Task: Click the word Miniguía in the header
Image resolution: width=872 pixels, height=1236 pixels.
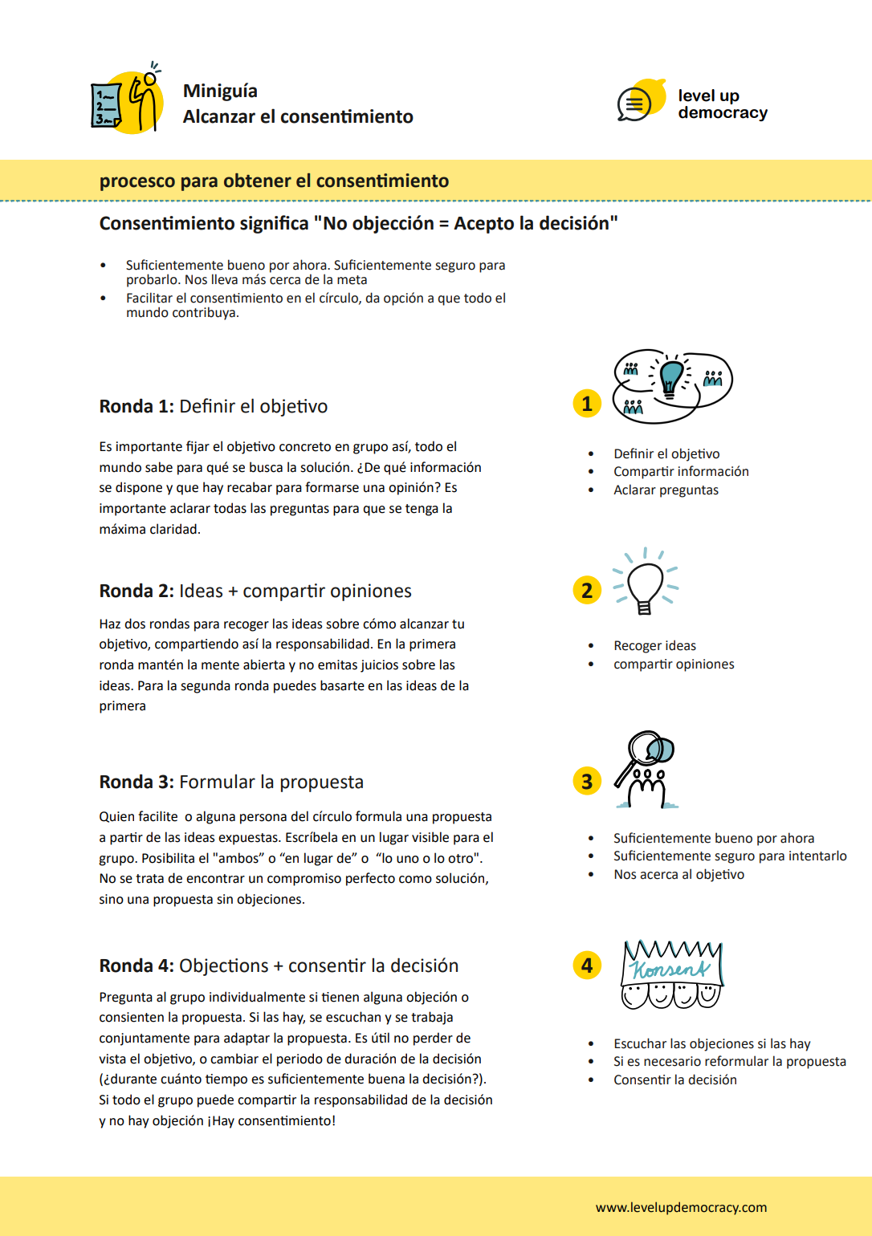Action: [x=220, y=91]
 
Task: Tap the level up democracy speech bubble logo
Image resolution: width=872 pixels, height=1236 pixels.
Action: [x=641, y=101]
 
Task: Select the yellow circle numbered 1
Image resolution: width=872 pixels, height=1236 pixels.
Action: [x=587, y=404]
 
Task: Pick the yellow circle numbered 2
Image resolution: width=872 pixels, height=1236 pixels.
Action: [x=587, y=591]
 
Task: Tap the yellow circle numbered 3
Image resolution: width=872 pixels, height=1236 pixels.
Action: [x=587, y=782]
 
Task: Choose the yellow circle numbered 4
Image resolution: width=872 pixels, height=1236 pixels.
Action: [x=587, y=966]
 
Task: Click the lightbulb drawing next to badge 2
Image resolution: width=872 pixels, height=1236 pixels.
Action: [x=645, y=583]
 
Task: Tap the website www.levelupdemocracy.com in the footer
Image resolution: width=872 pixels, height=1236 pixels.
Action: [x=681, y=1208]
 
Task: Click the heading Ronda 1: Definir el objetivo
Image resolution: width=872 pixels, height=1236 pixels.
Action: [x=213, y=407]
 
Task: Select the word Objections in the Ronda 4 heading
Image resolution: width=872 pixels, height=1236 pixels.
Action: [x=223, y=966]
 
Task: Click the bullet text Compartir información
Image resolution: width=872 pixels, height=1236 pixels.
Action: [x=681, y=472]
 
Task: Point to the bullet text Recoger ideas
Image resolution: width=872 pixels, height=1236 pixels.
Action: [x=654, y=646]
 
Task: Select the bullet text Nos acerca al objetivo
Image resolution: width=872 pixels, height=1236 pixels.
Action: [x=678, y=875]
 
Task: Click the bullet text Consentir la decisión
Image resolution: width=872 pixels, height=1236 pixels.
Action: [x=674, y=1080]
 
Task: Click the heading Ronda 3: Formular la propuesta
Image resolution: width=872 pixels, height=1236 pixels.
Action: [x=231, y=783]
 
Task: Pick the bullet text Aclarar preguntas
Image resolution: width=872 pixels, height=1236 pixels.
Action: [x=666, y=490]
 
